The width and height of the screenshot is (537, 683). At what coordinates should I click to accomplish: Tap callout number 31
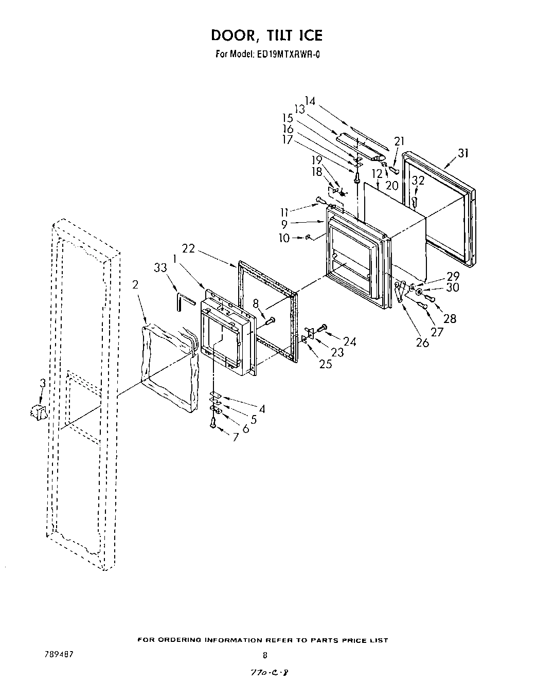[x=463, y=152]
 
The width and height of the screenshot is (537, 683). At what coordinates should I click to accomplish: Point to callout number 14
[x=310, y=101]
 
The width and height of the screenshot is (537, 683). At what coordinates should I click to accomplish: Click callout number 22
[x=189, y=248]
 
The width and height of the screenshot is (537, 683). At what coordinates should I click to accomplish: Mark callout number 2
[x=135, y=285]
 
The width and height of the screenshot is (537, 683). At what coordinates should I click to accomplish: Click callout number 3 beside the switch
[x=43, y=384]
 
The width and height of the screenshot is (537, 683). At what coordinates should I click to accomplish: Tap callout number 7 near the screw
[x=235, y=437]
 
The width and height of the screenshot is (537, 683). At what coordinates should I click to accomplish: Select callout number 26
[x=422, y=342]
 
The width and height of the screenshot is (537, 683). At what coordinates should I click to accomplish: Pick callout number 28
[x=450, y=319]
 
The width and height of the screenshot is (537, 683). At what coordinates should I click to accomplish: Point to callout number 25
[x=325, y=364]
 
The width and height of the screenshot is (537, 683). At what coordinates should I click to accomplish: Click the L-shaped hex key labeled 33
[x=183, y=300]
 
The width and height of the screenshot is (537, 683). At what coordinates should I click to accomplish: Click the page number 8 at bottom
[x=265, y=655]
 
